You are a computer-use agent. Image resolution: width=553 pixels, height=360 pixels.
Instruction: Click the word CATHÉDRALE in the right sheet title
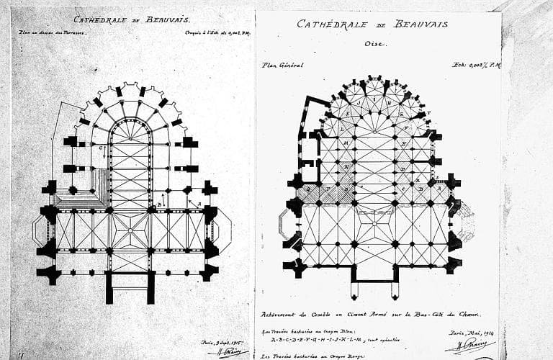(x=330, y=24)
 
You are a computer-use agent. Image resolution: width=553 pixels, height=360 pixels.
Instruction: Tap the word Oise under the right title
(x=372, y=43)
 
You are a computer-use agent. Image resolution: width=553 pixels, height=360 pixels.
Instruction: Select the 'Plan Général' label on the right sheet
(x=282, y=65)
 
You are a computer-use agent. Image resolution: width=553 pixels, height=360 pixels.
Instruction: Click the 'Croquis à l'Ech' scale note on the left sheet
(x=209, y=32)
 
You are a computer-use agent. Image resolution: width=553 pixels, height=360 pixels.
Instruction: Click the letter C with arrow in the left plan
(x=102, y=149)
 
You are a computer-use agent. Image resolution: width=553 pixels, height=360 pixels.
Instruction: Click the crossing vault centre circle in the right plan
(x=374, y=225)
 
